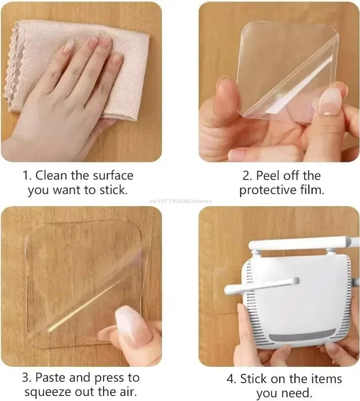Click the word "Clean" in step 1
pos(52,176)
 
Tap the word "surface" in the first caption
pos(113,176)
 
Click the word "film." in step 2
pos(311,189)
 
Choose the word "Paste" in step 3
pos(50,378)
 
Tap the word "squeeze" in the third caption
pos(48,392)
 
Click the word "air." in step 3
pos(126,392)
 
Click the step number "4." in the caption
pos(231,379)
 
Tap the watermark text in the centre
pos(181,201)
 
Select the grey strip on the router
pos(302,335)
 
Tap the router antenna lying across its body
pos(261,286)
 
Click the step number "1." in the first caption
pos(27,176)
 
